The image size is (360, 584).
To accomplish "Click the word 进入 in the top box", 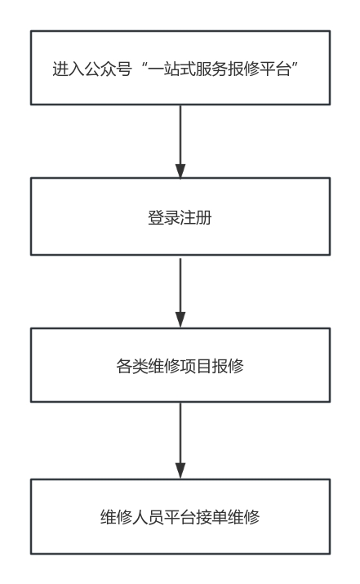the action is click(68, 69).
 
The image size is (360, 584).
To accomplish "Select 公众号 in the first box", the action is click(108, 69).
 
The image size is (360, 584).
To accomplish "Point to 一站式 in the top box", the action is click(171, 69).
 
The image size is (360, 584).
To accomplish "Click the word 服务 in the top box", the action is click(211, 69).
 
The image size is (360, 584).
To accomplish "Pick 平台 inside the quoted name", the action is click(275, 69).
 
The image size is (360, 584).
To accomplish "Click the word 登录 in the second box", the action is click(164, 217).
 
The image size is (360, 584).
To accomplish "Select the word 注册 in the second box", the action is click(196, 217).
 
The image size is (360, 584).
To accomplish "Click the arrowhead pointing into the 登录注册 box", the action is click(180, 171).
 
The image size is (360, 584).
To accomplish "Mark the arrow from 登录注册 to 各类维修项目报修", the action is click(180, 293).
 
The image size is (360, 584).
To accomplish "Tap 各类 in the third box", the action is click(132, 366).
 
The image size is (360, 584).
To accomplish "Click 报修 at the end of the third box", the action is click(228, 366).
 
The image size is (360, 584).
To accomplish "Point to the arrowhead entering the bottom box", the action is click(180, 471).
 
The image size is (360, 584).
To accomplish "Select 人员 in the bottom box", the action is click(149, 517).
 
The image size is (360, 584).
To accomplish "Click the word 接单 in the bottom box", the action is click(211, 517).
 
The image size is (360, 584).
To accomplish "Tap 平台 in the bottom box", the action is click(180, 517).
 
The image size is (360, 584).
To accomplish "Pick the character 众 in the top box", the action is click(108, 69).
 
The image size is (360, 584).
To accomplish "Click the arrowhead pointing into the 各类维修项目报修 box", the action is click(180, 320).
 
